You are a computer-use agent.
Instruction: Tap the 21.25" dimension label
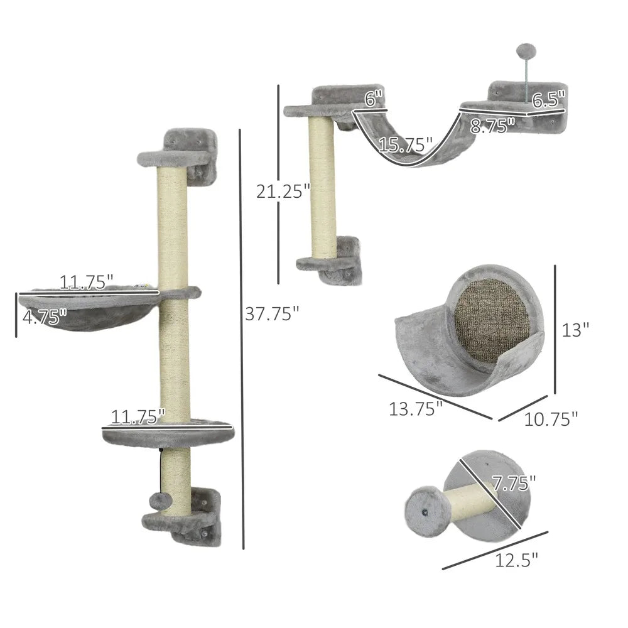click(283, 190)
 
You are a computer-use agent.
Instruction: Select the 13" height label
click(576, 329)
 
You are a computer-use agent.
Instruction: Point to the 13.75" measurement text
click(416, 409)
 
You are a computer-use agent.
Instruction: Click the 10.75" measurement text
click(551, 418)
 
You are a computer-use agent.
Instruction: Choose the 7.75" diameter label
click(514, 483)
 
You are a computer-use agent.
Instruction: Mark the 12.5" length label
click(517, 559)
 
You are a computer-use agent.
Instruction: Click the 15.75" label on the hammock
click(406, 146)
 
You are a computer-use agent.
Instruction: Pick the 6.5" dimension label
click(548, 99)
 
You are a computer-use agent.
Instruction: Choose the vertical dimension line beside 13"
click(555, 329)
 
